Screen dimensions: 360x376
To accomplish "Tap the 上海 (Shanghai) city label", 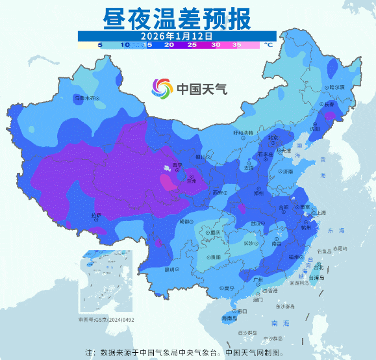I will point(318,212).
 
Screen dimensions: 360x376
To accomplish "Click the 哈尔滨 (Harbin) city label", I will point(336,86).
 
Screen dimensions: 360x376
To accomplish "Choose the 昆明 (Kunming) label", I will point(170,269).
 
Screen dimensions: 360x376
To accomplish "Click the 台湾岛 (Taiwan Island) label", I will point(314,278).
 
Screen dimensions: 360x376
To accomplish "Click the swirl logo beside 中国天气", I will point(163,88).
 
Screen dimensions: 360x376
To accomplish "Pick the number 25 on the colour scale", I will point(192,45).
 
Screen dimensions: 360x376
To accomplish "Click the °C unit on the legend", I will point(268,45).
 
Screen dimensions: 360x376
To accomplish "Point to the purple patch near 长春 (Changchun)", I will point(331,116).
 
